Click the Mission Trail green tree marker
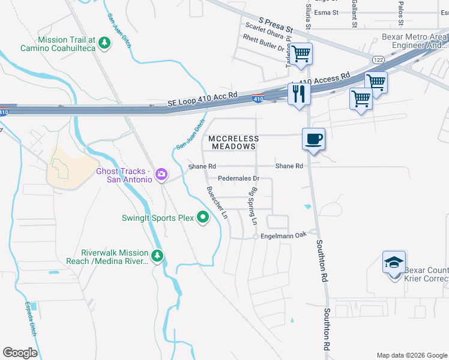(x=104, y=43)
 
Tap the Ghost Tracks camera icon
(x=161, y=175)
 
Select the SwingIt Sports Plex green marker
(x=203, y=218)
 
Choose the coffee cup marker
(x=313, y=139)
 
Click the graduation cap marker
(x=394, y=263)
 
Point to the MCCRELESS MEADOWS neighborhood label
(x=233, y=142)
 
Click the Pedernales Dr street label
(x=238, y=178)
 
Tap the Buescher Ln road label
(x=217, y=202)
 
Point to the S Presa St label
(x=276, y=25)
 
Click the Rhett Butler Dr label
(x=263, y=42)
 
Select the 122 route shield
(x=378, y=60)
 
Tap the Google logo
(x=20, y=353)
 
